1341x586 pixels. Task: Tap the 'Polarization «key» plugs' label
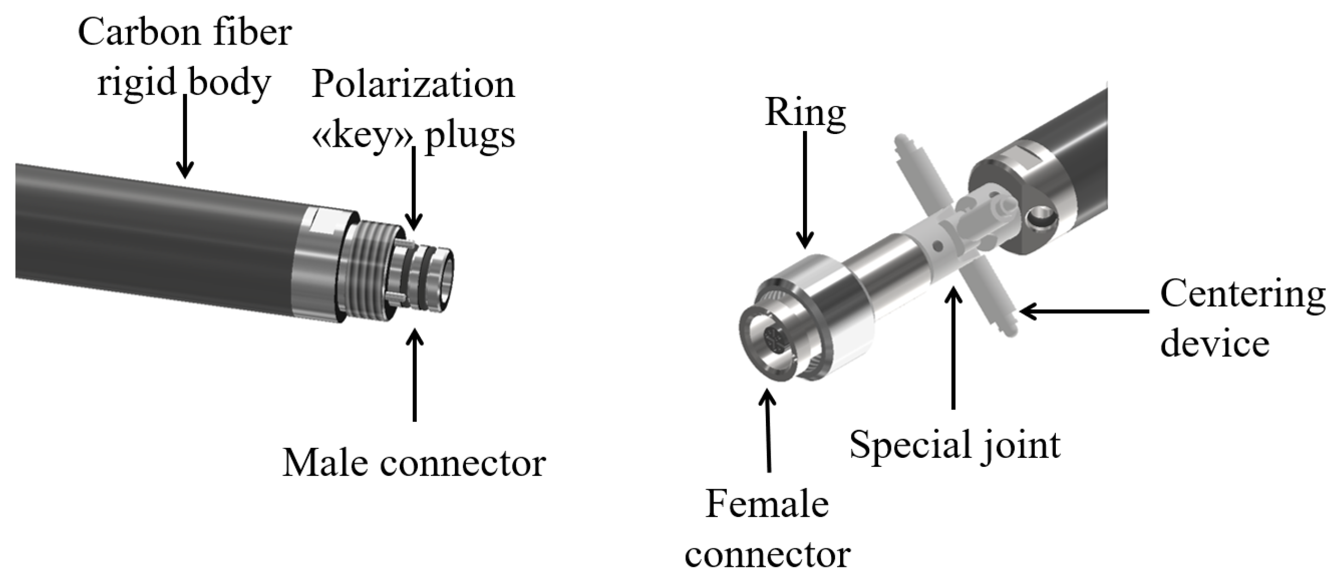tap(413, 109)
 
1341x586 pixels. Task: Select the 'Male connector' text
tap(414, 463)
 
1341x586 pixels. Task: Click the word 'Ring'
tap(805, 113)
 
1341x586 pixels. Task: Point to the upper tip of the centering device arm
tap(902, 143)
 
